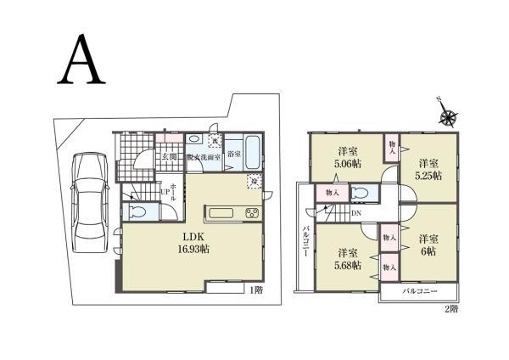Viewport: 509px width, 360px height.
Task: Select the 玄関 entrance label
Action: point(169,156)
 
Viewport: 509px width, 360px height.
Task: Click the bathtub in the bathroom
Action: point(253,152)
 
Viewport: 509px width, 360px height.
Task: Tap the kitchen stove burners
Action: point(252,212)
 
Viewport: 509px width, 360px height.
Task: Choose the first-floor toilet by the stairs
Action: point(136,211)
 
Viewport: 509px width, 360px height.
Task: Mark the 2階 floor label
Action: point(452,309)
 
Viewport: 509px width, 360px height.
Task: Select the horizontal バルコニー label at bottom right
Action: point(419,291)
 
